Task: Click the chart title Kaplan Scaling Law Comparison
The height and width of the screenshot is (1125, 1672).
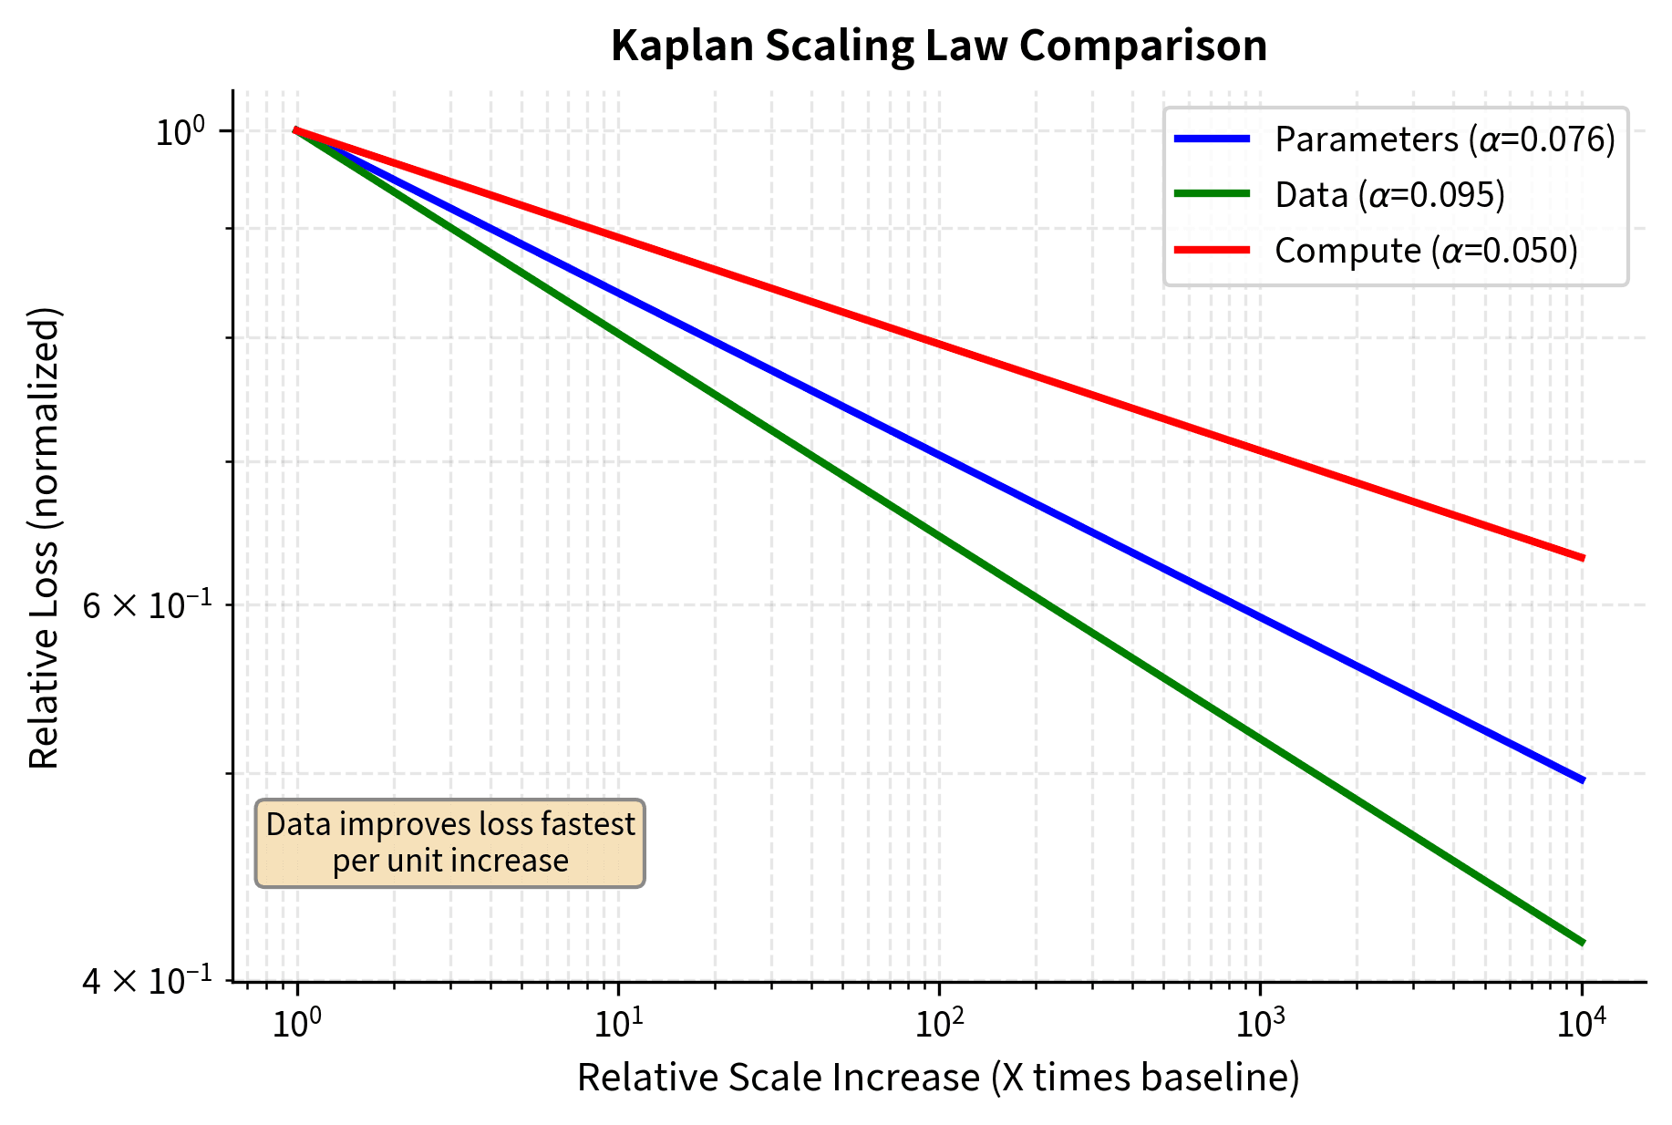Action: [x=938, y=46]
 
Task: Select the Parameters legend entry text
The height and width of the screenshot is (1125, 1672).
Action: [x=1444, y=139]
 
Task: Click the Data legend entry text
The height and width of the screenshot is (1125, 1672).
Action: [x=1389, y=195]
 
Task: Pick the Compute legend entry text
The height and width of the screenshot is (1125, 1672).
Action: [x=1426, y=251]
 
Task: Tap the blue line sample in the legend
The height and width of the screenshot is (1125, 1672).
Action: [x=1212, y=139]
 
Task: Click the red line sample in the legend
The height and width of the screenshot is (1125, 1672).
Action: [x=1212, y=250]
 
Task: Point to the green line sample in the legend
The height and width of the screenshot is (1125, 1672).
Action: [x=1212, y=194]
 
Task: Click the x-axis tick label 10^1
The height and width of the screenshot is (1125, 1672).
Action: [x=617, y=1024]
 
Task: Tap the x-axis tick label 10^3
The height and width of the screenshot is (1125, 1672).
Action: [x=1260, y=1024]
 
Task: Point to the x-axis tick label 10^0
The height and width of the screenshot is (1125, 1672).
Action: [x=296, y=1024]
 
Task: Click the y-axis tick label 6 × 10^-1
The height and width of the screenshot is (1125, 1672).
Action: [x=146, y=604]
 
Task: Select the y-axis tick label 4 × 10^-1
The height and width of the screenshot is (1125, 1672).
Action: [x=146, y=981]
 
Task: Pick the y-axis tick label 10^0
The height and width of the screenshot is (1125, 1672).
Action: [x=182, y=132]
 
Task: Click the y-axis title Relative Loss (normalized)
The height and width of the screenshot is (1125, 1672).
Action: [x=44, y=538]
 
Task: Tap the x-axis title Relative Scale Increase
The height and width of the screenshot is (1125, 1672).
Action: [x=938, y=1078]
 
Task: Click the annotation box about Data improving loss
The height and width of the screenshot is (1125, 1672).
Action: [x=449, y=843]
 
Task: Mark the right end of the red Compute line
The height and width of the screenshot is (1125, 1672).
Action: [x=1583, y=558]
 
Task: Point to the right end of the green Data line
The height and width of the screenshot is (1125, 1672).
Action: [x=1583, y=943]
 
